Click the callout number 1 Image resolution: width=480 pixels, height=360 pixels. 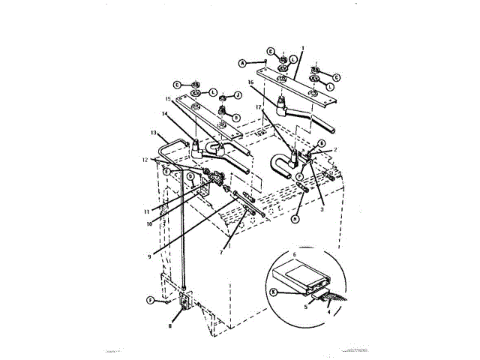[301, 47]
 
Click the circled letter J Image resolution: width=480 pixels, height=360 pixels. [238, 95]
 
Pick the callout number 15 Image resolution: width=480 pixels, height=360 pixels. [169, 100]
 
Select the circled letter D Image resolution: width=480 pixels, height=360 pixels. [190, 178]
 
